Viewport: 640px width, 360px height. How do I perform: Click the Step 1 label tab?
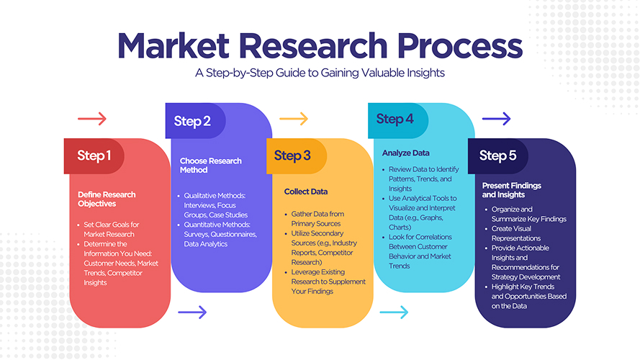94,156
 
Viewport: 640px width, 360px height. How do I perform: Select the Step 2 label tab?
192,121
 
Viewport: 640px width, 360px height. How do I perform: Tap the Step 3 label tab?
292,156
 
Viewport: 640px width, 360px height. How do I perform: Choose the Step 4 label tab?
395,119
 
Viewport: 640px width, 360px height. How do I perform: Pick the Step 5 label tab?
497,156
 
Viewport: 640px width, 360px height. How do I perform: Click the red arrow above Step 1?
91,119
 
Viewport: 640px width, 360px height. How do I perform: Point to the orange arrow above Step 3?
294,118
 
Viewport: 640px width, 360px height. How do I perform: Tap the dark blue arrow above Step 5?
496,118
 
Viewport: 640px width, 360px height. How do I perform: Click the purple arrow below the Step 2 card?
192,312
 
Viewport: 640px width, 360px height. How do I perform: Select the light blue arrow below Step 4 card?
394,312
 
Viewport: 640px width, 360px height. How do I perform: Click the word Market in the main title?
170,45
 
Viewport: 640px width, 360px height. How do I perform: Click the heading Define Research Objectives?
107,199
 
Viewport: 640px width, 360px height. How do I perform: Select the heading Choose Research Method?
210,165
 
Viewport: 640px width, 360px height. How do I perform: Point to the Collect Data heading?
305,192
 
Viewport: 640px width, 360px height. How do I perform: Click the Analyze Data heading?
406,153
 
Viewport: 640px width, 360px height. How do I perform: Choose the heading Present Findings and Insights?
513,190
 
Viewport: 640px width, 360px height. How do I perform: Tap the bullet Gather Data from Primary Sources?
317,219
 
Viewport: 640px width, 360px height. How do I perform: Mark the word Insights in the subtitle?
421,73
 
